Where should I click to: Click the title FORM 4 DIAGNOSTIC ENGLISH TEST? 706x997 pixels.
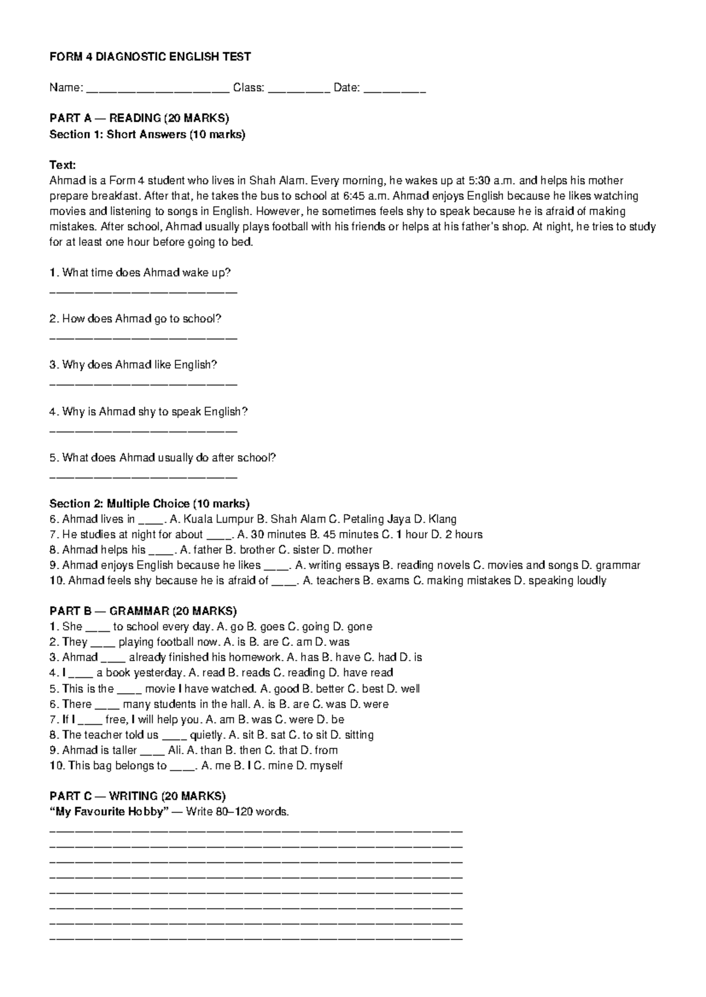coord(150,57)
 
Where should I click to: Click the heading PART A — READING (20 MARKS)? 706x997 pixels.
coord(139,118)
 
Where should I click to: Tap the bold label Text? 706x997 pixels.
coord(62,165)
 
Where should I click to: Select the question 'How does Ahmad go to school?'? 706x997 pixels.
coord(135,319)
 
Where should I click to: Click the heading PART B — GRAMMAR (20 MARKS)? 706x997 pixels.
coord(143,611)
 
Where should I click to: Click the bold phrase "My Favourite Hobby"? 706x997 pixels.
coord(116,812)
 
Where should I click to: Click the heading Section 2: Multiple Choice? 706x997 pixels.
coord(149,504)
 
